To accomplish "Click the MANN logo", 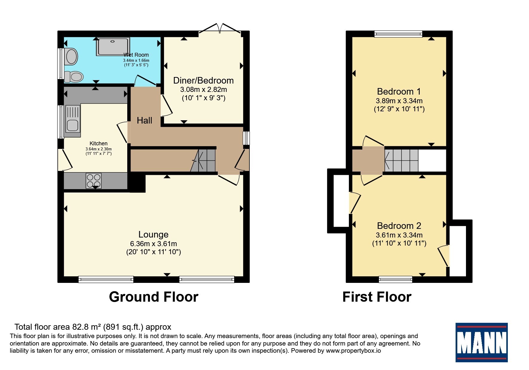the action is [481, 342].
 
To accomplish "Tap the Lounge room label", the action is [153, 235].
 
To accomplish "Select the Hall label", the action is [145, 121].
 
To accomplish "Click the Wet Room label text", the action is [136, 55].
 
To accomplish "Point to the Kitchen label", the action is [99, 144].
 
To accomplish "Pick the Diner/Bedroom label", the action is [203, 81].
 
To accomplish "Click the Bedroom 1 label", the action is [399, 92].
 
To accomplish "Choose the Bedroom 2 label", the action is [399, 226].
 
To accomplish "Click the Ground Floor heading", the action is [154, 297].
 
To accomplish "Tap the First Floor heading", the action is [377, 297].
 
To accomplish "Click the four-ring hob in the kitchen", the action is [93, 181].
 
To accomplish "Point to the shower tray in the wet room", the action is [113, 47].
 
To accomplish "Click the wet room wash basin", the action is [71, 57].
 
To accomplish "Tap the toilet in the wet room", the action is [73, 77].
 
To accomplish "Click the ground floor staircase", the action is [203, 161].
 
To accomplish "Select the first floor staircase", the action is [401, 161].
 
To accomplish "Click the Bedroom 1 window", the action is [398, 34].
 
